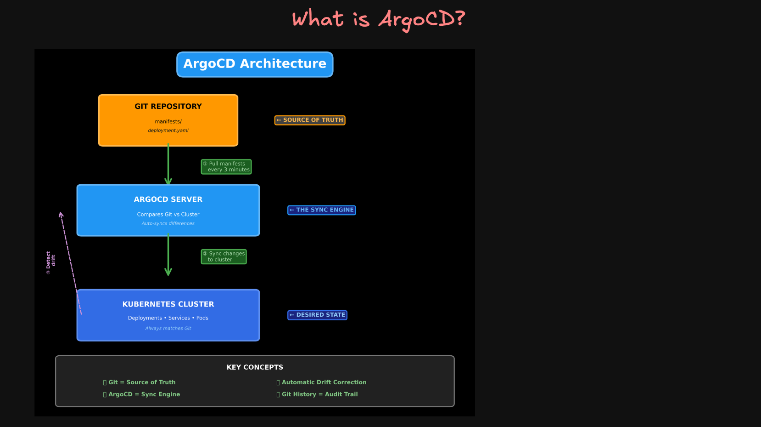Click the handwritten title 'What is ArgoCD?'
tap(379, 19)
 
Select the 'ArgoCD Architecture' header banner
tap(255, 64)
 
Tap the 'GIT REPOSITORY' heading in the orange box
tap(168, 107)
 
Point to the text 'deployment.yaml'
tap(168, 131)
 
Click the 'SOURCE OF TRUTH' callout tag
tap(310, 120)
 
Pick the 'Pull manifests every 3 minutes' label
tap(226, 167)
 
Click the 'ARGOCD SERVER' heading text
tap(168, 199)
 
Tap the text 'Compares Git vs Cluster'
tap(168, 215)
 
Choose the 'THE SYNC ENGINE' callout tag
tap(321, 210)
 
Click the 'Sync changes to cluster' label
tap(224, 256)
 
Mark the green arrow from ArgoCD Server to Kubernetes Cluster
tap(168, 255)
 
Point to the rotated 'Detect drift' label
tap(50, 262)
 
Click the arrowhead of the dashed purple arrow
tap(61, 214)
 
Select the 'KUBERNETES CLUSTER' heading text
tap(168, 304)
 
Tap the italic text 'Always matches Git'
tap(168, 329)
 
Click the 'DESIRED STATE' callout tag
tap(317, 315)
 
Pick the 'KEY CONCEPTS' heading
tap(255, 367)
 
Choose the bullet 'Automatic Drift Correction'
tap(324, 382)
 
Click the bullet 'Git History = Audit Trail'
tap(319, 394)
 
